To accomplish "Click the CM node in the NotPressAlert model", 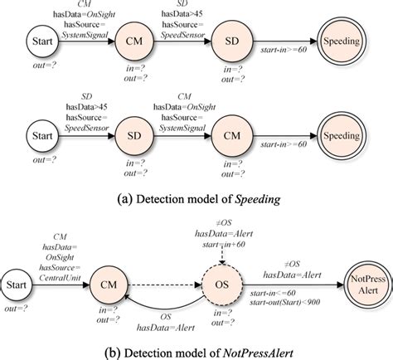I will pos(109,285).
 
